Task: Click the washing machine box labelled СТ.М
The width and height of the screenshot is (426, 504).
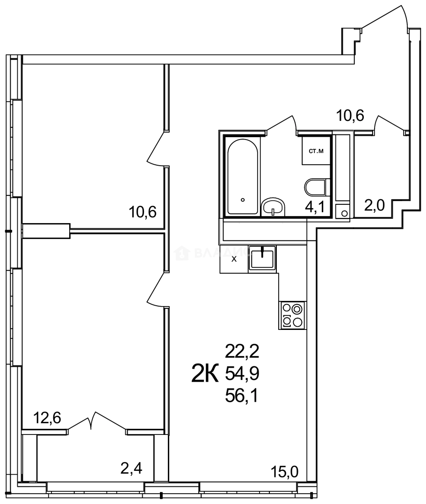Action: pos(315,150)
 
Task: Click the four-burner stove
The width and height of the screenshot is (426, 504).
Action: pos(292,315)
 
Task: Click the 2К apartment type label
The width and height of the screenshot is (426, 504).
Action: pos(205,373)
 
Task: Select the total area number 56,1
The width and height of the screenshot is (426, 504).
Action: pos(242,396)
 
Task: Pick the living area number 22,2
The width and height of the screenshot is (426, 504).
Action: pos(242,350)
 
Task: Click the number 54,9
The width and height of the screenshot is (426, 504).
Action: pos(242,373)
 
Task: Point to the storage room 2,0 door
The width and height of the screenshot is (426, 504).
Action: pos(389,125)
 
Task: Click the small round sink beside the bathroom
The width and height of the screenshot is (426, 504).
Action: pos(345,213)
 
